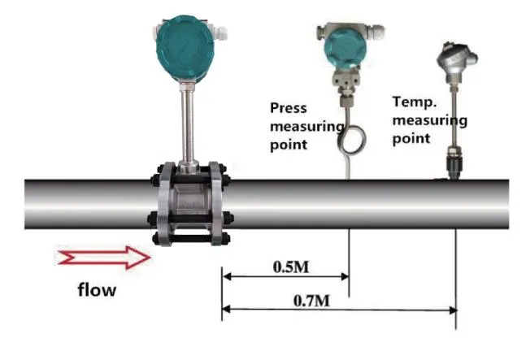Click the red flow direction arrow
pyautogui.click(x=104, y=258)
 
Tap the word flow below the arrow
pyautogui.click(x=97, y=289)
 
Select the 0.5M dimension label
pyautogui.click(x=291, y=267)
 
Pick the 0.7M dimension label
pyautogui.click(x=311, y=301)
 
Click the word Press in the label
pyautogui.click(x=289, y=108)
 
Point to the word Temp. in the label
pyautogui.click(x=415, y=102)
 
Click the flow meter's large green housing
pyautogui.click(x=185, y=48)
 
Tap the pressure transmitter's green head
pyautogui.click(x=346, y=48)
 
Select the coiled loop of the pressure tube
pyautogui.click(x=351, y=139)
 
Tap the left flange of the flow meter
pyautogui.click(x=165, y=205)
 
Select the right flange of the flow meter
pyautogui.click(x=217, y=204)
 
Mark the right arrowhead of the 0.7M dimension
pyautogui.click(x=453, y=310)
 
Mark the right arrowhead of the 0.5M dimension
pyautogui.click(x=346, y=276)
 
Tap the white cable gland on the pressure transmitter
pyautogui.click(x=376, y=31)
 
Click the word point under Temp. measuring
pyautogui.click(x=411, y=138)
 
